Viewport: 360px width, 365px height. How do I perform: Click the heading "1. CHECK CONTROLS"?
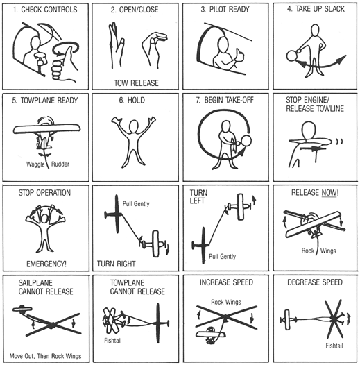(x=45, y=10)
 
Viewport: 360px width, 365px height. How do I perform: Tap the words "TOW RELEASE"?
(x=136, y=83)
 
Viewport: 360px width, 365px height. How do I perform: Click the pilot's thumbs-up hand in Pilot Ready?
(x=240, y=56)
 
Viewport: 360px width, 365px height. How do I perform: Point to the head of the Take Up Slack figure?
(x=315, y=31)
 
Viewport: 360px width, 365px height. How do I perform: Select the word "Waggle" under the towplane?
(x=35, y=164)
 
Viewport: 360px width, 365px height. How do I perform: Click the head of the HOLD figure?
(x=133, y=126)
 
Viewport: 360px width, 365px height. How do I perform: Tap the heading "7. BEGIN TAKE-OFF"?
(x=225, y=100)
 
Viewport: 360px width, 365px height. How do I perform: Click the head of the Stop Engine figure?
(x=309, y=130)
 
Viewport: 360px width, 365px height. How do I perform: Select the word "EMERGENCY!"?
(x=46, y=264)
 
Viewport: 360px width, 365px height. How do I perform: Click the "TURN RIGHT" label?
(x=117, y=264)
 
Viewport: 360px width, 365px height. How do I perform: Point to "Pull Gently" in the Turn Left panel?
(x=222, y=257)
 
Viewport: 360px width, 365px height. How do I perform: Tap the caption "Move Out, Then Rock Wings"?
(x=45, y=356)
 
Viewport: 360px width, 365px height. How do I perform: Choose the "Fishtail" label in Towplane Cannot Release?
(x=113, y=341)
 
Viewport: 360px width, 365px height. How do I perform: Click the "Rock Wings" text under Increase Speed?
(x=226, y=302)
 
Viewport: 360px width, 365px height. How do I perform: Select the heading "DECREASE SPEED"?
(x=315, y=282)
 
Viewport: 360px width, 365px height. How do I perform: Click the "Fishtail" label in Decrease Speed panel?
(x=334, y=346)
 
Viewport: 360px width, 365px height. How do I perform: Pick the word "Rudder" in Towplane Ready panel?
(x=60, y=164)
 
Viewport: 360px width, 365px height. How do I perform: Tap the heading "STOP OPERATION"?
(x=44, y=193)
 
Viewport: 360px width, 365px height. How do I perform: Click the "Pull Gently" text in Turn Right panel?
(x=136, y=204)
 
